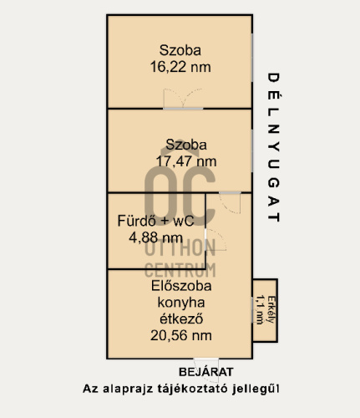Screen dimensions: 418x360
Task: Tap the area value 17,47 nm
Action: [x=186, y=161]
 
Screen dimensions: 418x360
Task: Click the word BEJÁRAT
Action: [x=205, y=371]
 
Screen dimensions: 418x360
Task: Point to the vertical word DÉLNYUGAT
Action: [x=272, y=146]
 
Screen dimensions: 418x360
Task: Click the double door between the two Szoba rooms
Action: [x=182, y=107]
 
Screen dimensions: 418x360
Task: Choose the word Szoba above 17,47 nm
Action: [x=185, y=144]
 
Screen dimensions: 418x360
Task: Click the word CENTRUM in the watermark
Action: [x=181, y=269]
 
